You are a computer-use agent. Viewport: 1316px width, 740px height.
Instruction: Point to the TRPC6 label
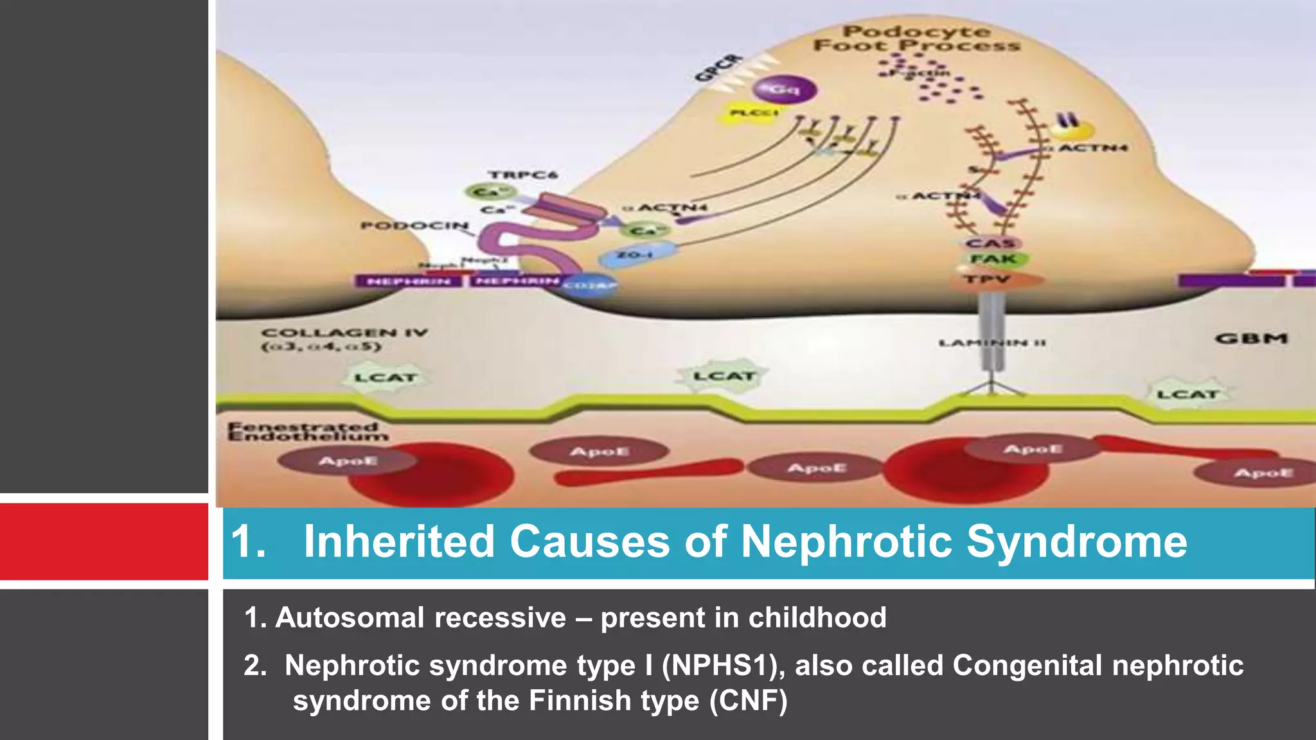click(x=522, y=175)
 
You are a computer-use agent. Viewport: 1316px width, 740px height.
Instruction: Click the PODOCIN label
click(x=414, y=225)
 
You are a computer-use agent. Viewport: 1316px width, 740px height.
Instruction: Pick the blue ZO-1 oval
click(x=637, y=256)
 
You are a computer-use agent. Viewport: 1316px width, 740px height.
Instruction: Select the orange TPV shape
click(x=997, y=280)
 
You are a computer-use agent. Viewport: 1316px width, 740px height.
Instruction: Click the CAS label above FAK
click(x=991, y=243)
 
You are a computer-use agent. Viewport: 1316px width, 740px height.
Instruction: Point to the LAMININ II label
click(x=991, y=343)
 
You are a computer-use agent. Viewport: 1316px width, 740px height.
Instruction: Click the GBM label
click(x=1251, y=339)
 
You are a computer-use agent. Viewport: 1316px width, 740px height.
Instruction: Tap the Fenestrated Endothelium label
click(x=307, y=432)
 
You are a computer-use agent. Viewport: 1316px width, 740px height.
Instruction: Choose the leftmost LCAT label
click(x=386, y=378)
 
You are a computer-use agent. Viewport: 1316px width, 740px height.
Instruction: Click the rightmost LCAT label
click(x=1188, y=394)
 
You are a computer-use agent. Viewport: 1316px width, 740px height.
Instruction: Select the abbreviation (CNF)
click(x=748, y=700)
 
